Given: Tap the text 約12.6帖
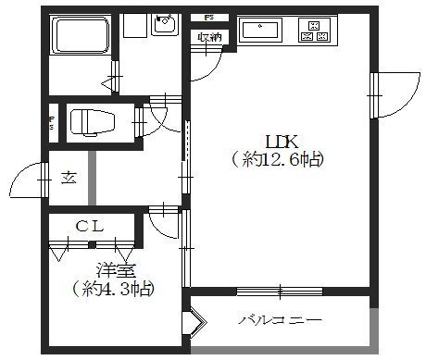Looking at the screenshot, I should pyautogui.click(x=279, y=160).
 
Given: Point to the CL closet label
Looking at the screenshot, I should pyautogui.click(x=89, y=225).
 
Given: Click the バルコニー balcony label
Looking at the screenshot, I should pyautogui.click(x=280, y=321).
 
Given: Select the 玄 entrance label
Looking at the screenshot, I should pyautogui.click(x=69, y=177).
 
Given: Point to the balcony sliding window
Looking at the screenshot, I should pyautogui.click(x=279, y=292).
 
